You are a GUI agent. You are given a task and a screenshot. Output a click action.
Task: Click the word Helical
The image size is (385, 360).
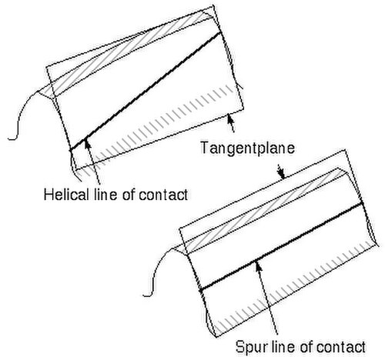pos(65,195)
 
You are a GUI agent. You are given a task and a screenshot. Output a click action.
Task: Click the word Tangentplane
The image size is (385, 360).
pos(247,148)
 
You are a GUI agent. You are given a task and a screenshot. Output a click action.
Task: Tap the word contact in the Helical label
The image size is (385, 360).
pos(163,195)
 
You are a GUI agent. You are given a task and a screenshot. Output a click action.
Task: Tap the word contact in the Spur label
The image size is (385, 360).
pos(341,348)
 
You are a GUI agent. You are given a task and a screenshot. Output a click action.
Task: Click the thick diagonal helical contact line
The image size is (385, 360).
pos(146,92)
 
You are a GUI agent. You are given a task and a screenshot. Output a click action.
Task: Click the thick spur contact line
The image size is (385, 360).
pos(281,246)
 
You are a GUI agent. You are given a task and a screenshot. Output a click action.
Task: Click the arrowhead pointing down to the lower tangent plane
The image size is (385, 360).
pos(282,175)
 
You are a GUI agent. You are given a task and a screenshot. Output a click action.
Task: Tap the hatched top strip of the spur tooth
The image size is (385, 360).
pos(264,211)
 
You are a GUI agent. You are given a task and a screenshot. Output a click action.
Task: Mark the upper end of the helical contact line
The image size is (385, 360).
pos(220,32)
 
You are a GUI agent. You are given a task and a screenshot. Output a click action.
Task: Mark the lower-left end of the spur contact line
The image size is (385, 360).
pos(201,291)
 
